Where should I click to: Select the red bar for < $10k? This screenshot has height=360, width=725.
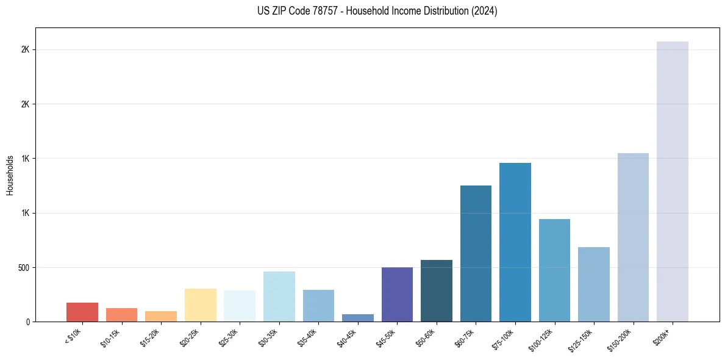tap(82, 312)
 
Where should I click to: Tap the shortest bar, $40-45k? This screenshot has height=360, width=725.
tap(358, 318)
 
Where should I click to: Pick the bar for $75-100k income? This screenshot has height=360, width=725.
tap(515, 242)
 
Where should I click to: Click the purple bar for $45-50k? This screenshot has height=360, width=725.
tap(397, 294)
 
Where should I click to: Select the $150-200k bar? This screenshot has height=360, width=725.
tap(633, 237)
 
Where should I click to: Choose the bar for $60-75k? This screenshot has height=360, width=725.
tap(476, 253)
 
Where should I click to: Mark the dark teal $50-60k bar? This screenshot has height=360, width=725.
tap(437, 290)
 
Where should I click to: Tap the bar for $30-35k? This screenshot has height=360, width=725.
tap(279, 297)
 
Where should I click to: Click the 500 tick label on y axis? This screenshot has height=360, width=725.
tap(24, 267)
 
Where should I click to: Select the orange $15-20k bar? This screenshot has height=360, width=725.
tap(161, 316)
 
